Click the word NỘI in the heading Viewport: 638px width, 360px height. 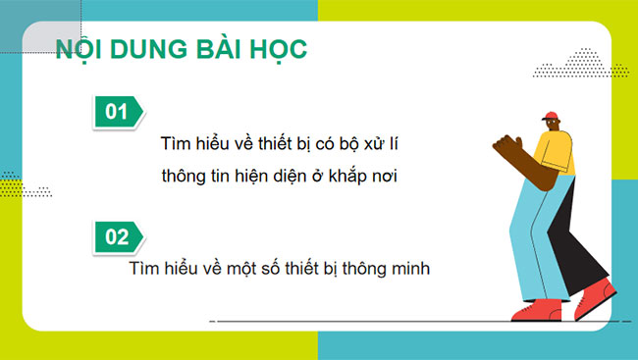(x=80, y=49)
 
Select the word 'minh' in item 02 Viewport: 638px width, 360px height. (x=412, y=267)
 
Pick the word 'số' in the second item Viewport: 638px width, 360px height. (x=279, y=267)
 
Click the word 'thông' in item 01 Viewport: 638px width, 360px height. (x=186, y=178)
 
